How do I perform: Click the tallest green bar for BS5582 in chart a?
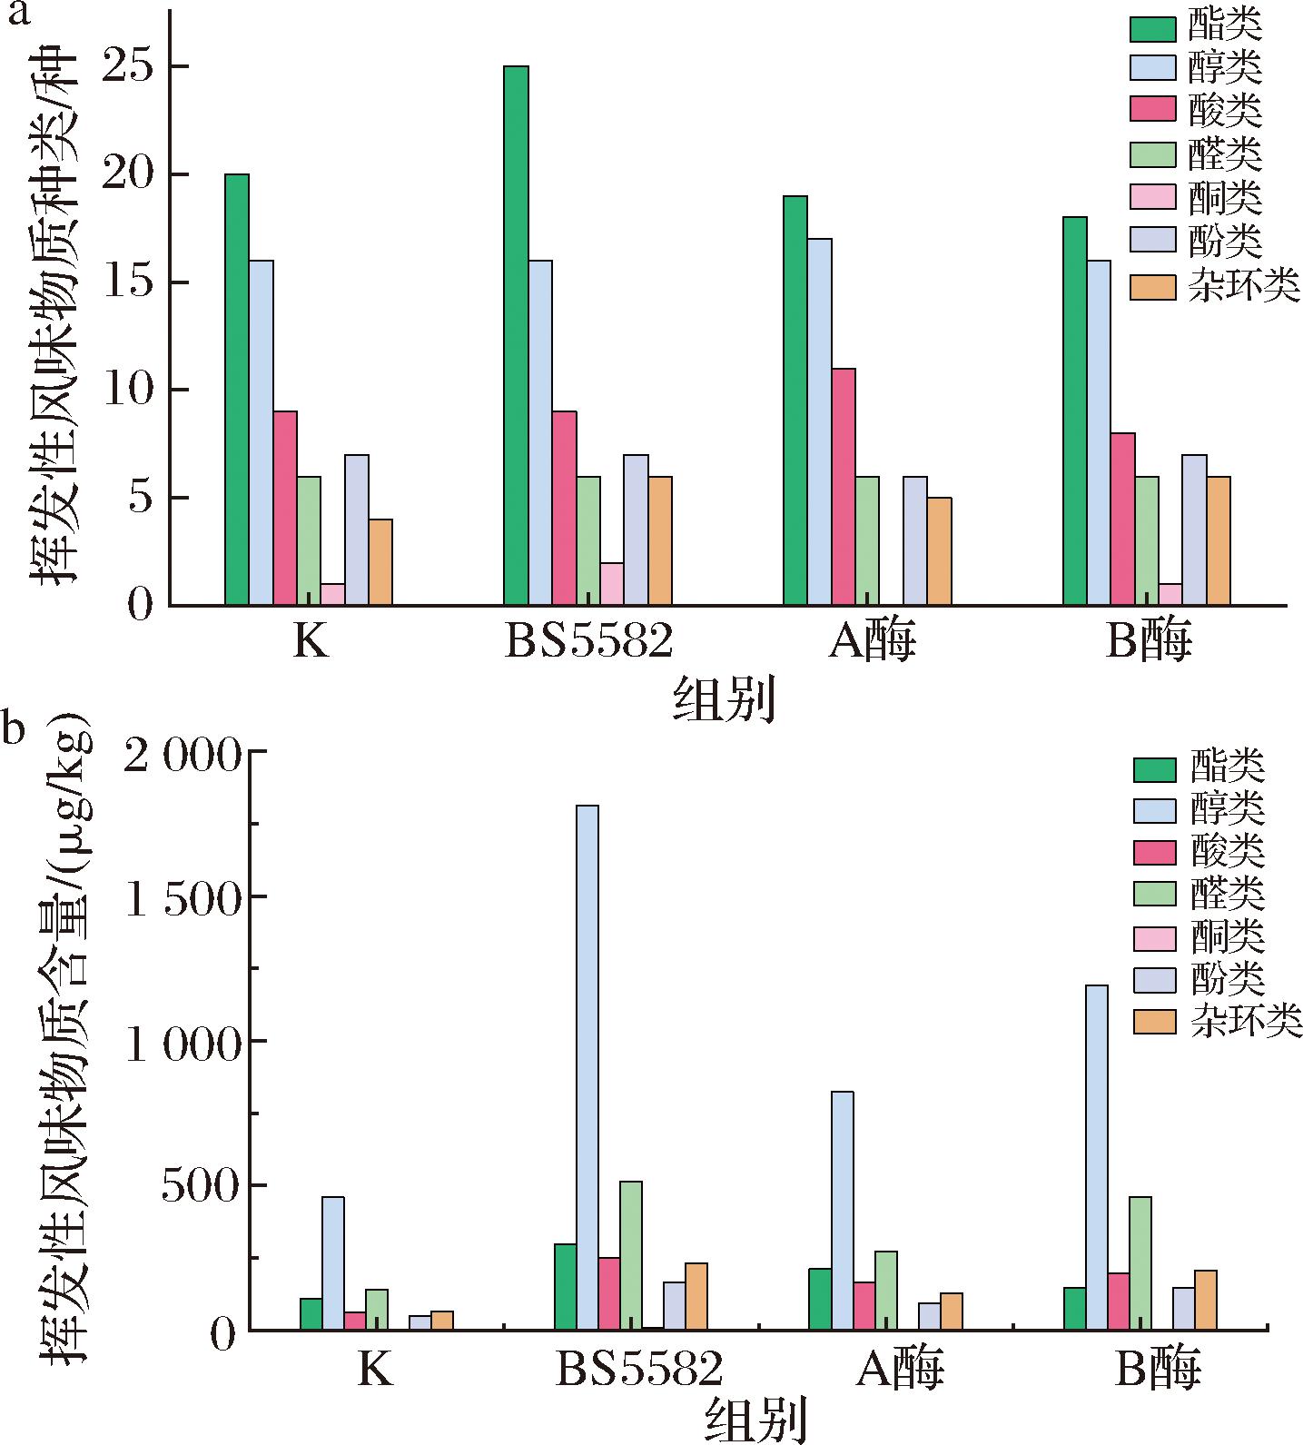click(516, 336)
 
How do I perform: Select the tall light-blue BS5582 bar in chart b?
click(587, 1067)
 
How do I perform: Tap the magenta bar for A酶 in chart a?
click(844, 487)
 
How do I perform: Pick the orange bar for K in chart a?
click(380, 562)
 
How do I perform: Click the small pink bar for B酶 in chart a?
click(1170, 594)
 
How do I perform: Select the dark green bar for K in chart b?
click(311, 1314)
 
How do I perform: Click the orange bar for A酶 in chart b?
click(952, 1311)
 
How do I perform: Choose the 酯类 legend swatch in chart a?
click(1152, 26)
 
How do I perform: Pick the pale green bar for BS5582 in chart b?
click(631, 1255)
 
